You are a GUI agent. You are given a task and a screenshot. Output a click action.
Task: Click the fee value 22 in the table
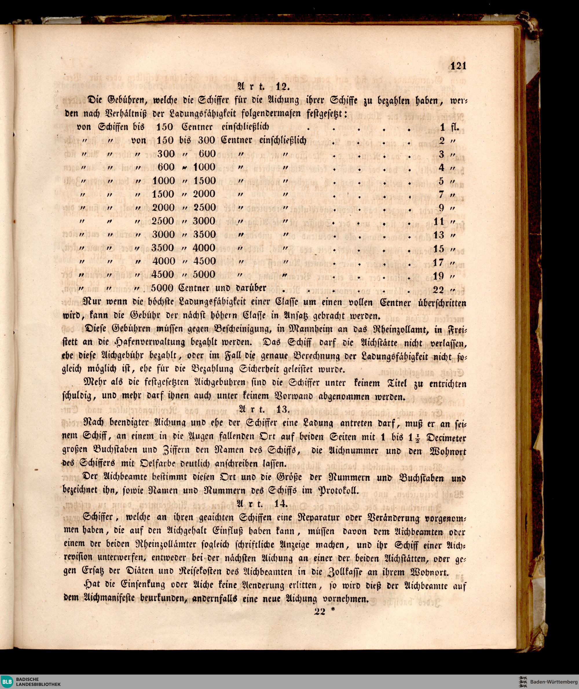(439, 290)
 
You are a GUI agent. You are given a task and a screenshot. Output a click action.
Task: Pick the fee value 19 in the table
(439, 276)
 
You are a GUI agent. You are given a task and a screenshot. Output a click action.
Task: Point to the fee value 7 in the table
(441, 194)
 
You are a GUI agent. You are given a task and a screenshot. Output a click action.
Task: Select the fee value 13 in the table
(439, 235)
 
